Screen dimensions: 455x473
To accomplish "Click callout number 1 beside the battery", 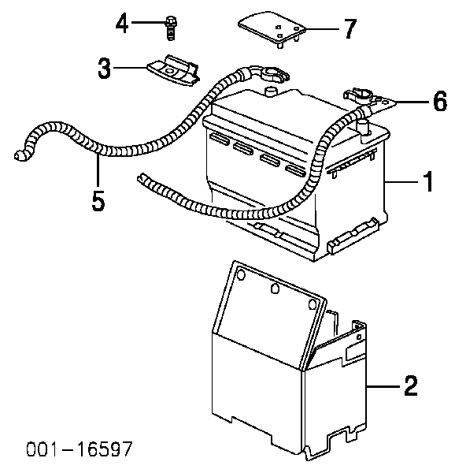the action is [428, 181].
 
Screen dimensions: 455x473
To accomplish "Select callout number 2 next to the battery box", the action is [411, 385].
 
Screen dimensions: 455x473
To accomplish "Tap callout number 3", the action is [105, 68].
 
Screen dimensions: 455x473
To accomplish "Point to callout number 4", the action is [122, 23].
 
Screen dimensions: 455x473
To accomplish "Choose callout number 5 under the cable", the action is [98, 200].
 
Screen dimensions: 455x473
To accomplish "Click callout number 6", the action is [440, 101].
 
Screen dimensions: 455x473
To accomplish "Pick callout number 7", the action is [350, 28].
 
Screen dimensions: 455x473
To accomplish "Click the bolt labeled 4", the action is [171, 28].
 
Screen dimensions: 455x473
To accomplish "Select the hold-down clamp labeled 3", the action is [174, 71].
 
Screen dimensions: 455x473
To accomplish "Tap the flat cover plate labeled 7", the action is [272, 28].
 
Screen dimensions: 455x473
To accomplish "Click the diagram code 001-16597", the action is [80, 449].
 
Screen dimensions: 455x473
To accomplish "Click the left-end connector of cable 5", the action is [21, 155].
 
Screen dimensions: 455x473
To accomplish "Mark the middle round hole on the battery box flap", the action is [275, 289].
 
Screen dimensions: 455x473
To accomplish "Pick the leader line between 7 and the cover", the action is [323, 29].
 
